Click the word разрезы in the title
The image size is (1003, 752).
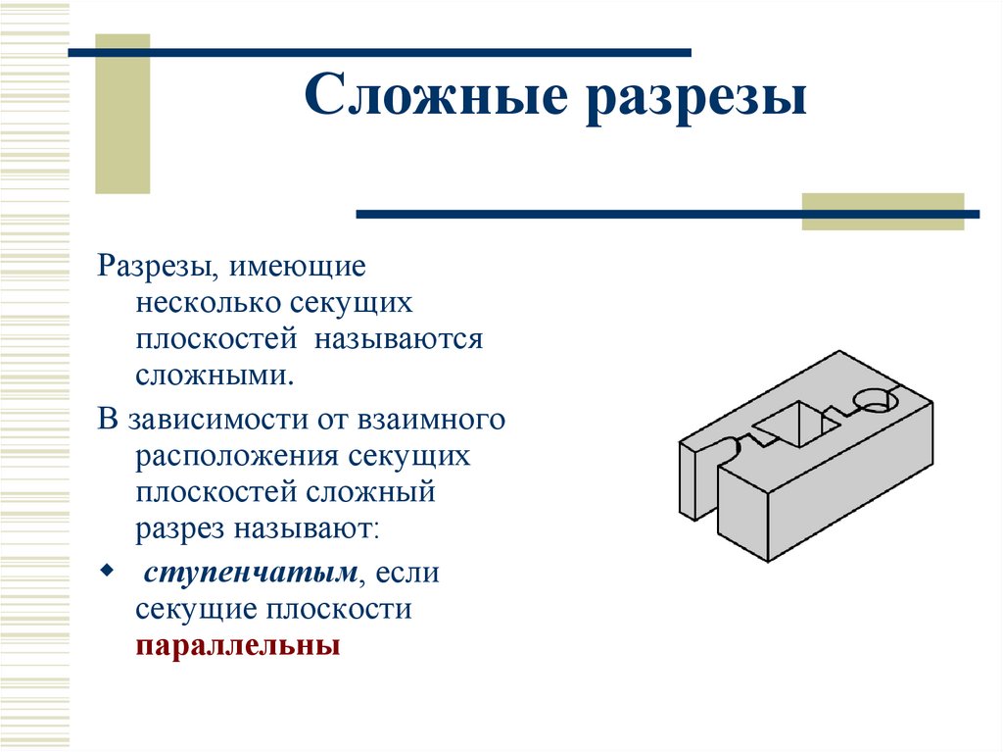696,100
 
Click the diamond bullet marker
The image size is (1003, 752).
107,570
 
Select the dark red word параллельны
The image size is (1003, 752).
237,646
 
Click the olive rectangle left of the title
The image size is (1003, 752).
122,113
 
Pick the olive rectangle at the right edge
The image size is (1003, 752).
882,211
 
